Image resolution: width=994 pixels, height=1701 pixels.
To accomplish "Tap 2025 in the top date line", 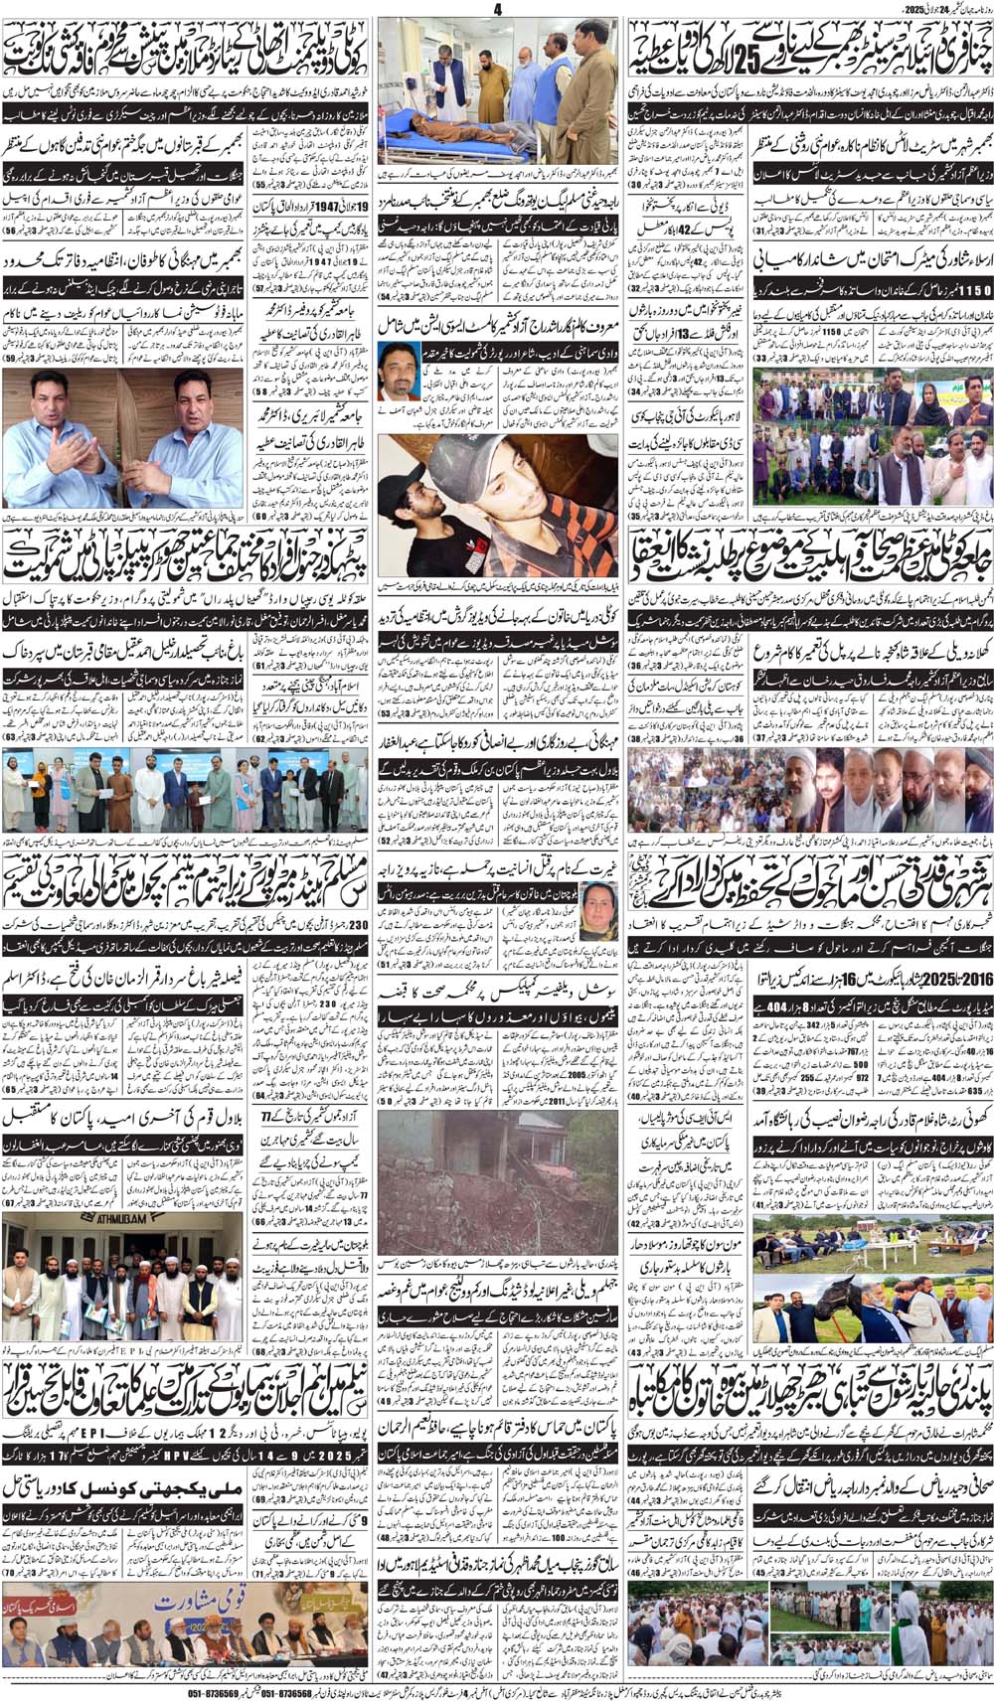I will coord(915,9).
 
